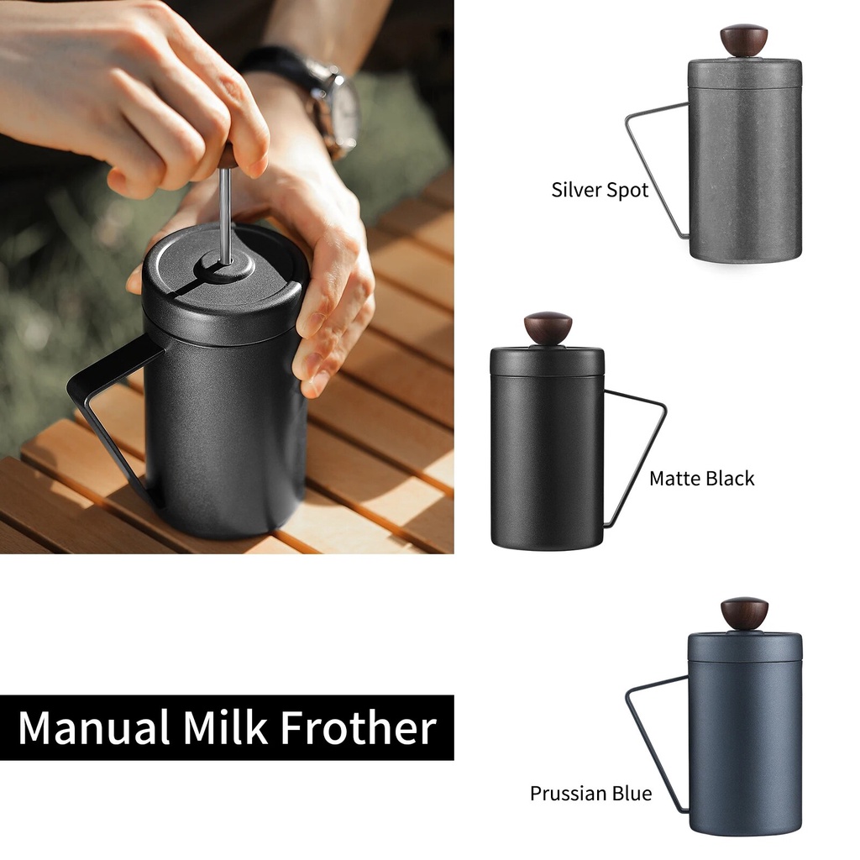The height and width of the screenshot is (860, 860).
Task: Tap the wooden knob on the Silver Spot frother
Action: pyautogui.click(x=743, y=39)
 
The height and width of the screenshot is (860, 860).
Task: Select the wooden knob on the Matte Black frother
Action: pyautogui.click(x=548, y=327)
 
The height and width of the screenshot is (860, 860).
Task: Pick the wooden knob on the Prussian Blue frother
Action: pyautogui.click(x=743, y=612)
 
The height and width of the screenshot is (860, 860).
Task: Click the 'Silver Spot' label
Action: pyautogui.click(x=600, y=190)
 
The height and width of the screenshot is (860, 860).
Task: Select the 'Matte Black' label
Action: pyautogui.click(x=701, y=479)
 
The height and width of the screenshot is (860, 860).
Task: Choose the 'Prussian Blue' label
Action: pyautogui.click(x=590, y=793)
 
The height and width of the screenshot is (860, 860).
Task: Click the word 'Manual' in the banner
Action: pyautogui.click(x=91, y=727)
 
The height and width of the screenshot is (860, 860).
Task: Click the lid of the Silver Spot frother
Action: pyautogui.click(x=744, y=72)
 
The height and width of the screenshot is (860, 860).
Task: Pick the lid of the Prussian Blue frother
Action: pyautogui.click(x=744, y=645)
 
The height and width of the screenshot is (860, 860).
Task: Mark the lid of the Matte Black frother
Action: pyautogui.click(x=547, y=360)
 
